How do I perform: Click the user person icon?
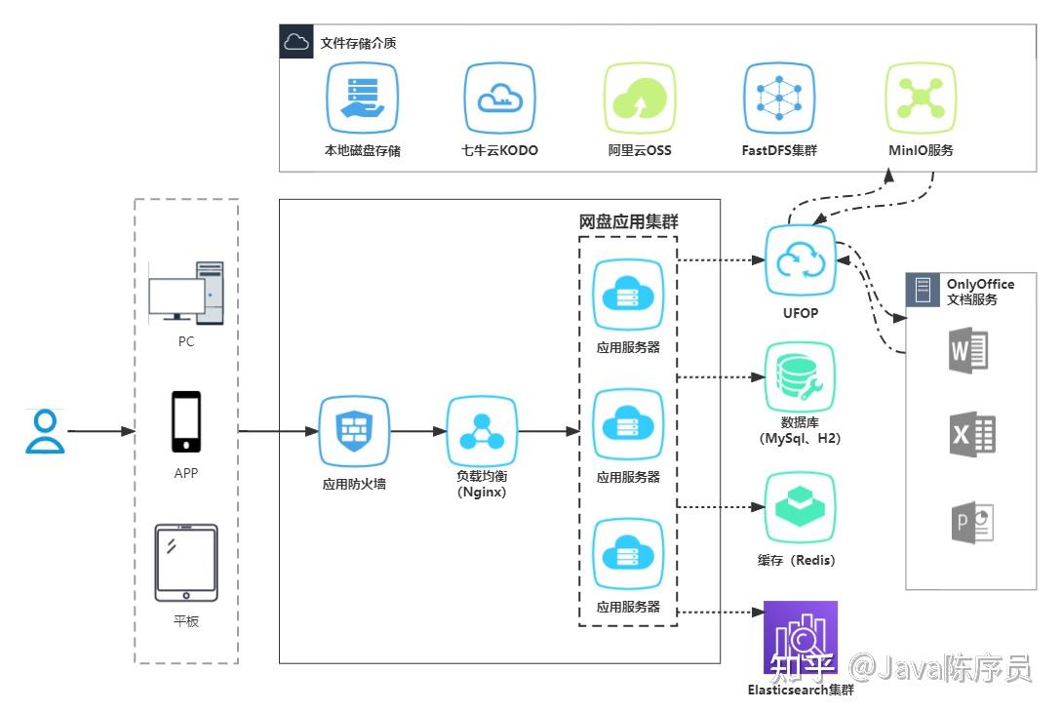45,432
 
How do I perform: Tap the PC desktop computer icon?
185,293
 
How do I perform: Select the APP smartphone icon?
186,422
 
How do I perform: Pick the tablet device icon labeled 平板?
186,563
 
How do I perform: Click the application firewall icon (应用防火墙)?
353,431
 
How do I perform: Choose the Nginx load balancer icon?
481,431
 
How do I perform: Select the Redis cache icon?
800,507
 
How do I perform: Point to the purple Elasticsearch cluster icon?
800,637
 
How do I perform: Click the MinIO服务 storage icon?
920,99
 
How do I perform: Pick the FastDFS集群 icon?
778,99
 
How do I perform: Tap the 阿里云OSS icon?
640,99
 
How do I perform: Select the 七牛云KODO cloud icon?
499,99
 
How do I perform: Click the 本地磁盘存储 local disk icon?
363,99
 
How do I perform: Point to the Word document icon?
969,351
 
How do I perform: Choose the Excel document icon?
971,435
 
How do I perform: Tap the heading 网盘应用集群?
629,221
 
